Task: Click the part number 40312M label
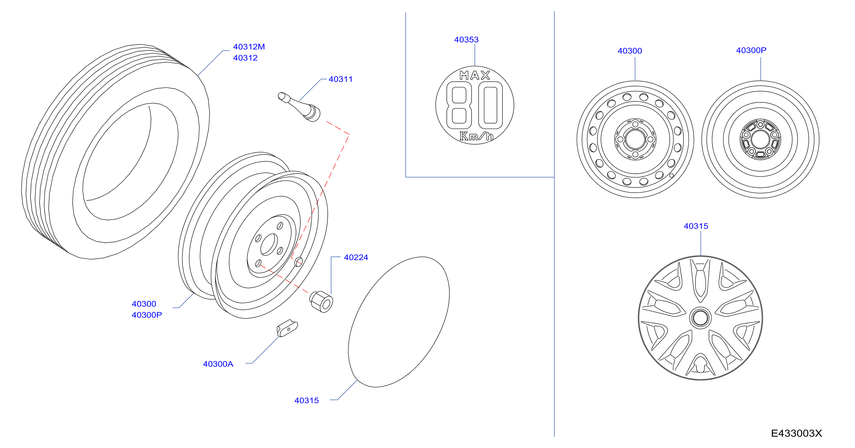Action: click(249, 47)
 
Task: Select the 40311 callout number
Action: click(340, 79)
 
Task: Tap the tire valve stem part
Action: click(299, 107)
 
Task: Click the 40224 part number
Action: click(356, 257)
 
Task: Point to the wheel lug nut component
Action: click(321, 301)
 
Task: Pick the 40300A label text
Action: click(218, 364)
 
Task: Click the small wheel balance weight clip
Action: click(287, 328)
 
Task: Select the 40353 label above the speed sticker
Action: click(466, 40)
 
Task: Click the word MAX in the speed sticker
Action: click(475, 75)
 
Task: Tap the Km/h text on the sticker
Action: click(476, 136)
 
